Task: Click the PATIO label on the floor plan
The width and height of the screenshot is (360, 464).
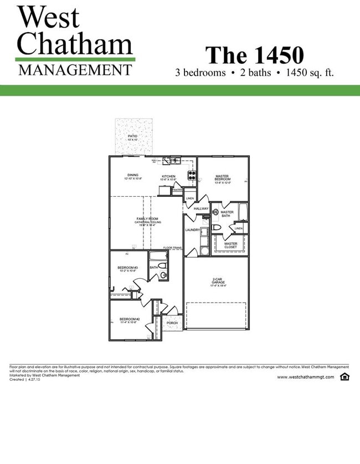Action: coord(132,136)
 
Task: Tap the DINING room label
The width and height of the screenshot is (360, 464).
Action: coord(133,175)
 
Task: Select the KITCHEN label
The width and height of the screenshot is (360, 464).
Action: coord(168,176)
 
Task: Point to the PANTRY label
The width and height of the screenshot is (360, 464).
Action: coord(177,190)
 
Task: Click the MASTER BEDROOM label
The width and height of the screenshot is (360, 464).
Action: coord(222,178)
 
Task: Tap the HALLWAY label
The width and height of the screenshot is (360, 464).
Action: coord(201,208)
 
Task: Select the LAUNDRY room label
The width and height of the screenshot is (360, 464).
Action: coord(192,230)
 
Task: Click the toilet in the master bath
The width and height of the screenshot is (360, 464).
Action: coord(217,227)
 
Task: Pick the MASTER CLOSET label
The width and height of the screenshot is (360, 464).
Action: coord(230,245)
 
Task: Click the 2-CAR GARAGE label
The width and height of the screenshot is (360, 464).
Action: coord(218,281)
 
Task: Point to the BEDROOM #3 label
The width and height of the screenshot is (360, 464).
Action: coord(127,268)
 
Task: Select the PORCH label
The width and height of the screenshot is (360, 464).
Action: coord(172,323)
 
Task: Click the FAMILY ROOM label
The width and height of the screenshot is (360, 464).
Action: coord(147,219)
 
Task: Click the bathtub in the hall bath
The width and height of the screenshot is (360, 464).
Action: coord(158,257)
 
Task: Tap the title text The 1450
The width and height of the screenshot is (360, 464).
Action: coord(254,55)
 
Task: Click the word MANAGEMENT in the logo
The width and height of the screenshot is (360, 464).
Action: coord(75,70)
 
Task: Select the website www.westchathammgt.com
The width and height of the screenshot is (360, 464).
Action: coord(305,377)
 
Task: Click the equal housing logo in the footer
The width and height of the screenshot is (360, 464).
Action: coord(344,377)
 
